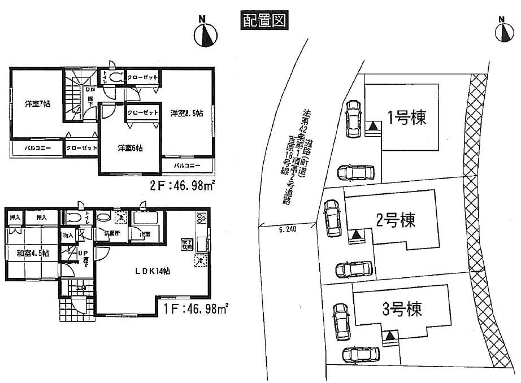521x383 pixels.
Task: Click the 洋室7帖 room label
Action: (36, 105)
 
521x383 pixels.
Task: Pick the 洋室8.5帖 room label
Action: (186, 113)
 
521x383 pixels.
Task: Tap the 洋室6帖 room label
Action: (129, 149)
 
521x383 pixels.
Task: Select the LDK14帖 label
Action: (153, 271)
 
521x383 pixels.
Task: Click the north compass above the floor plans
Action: (206, 36)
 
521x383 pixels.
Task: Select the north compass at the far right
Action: (504, 32)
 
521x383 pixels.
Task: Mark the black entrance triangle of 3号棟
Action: (390, 337)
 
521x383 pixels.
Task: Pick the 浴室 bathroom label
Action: (145, 233)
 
